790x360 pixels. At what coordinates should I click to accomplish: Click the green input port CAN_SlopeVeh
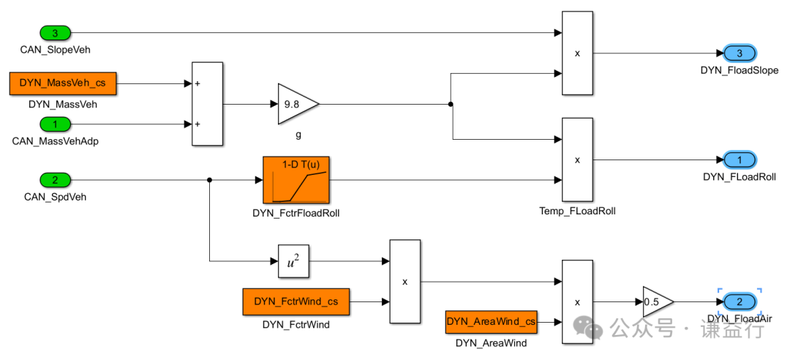55,33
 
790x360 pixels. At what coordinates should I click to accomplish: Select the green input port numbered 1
55,124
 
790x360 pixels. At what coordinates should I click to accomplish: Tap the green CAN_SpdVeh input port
55,180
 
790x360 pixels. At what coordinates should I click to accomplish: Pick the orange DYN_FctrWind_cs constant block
296,301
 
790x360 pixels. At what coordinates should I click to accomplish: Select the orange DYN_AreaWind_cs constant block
491,321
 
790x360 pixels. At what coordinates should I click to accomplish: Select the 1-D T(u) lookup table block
296,180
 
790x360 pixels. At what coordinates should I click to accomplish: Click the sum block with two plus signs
207,104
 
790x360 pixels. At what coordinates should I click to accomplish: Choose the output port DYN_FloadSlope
740,53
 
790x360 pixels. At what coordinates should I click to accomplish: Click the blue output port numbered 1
740,160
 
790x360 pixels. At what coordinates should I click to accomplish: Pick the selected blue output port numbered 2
740,301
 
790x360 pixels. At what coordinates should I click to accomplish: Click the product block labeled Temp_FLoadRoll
576,160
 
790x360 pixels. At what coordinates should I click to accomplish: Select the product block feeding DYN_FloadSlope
576,53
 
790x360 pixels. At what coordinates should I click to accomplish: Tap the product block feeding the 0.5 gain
576,301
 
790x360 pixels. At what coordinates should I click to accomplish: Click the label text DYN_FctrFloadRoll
296,214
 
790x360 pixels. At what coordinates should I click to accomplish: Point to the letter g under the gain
298,135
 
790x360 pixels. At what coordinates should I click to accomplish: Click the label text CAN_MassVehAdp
56,140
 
